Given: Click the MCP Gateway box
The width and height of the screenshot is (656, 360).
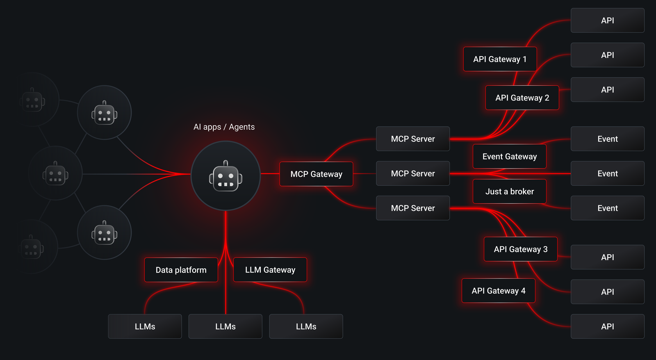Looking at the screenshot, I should [x=316, y=174].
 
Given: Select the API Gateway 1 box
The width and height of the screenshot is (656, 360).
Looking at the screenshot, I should [x=500, y=59].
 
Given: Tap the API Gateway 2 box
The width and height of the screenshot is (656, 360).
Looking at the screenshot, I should [x=522, y=98].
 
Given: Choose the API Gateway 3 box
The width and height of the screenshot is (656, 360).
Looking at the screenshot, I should [x=520, y=249].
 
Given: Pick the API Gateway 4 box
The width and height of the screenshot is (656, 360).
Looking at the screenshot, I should [x=498, y=291].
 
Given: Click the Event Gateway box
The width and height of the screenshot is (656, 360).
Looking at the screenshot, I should [x=509, y=156].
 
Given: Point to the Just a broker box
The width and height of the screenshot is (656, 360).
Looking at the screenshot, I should [x=509, y=191].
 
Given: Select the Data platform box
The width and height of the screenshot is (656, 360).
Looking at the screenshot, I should [x=181, y=270].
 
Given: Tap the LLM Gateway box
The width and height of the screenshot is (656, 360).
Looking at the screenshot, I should [x=270, y=270].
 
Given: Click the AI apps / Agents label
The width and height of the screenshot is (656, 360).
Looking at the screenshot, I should [x=224, y=127].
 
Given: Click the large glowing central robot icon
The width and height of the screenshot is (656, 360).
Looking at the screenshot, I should [x=225, y=176].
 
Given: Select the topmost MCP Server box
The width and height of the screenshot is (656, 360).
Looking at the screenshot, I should [x=412, y=139].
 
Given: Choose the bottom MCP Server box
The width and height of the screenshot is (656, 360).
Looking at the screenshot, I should [x=412, y=208].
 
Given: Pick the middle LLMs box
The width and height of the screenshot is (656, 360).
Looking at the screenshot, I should [x=225, y=326].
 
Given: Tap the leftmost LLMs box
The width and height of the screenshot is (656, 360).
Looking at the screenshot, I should [x=145, y=326].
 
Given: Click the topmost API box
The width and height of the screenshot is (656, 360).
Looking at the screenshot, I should [x=607, y=21].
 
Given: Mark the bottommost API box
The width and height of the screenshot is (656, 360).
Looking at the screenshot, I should [x=607, y=326].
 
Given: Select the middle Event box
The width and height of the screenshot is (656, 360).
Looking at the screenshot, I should [x=607, y=173].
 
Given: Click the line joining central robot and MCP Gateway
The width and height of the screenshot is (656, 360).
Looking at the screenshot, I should [x=270, y=174].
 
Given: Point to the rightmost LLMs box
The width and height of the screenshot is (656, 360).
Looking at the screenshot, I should [x=306, y=326].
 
